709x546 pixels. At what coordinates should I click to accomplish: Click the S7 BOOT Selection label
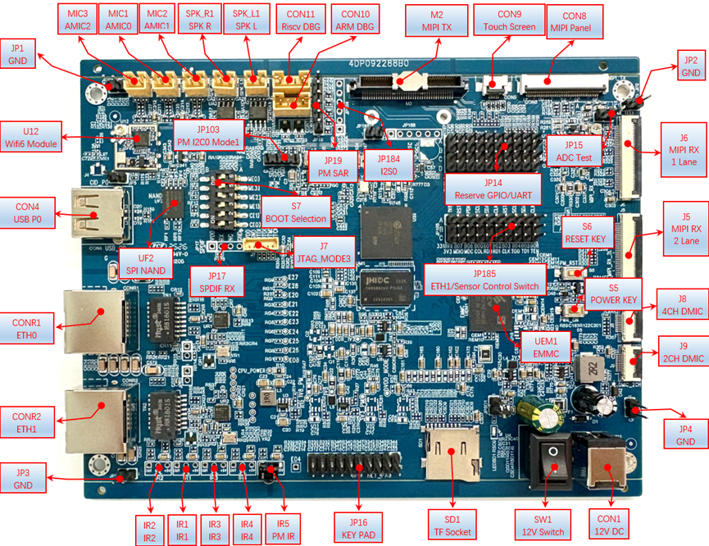click(297, 212)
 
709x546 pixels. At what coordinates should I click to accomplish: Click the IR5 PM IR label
click(283, 530)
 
